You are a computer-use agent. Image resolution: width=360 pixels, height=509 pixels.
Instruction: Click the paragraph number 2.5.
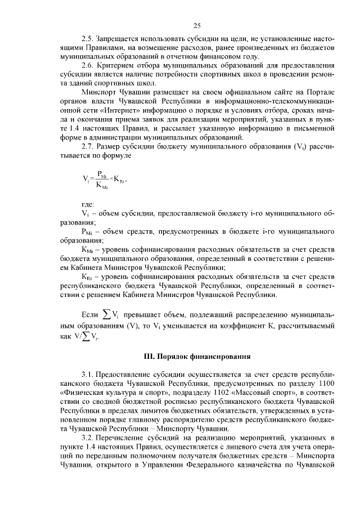click(x=88, y=40)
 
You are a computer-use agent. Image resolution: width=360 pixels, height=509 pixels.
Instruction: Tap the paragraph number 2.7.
click(x=88, y=147)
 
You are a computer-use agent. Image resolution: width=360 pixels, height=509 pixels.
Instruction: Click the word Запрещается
click(x=118, y=40)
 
